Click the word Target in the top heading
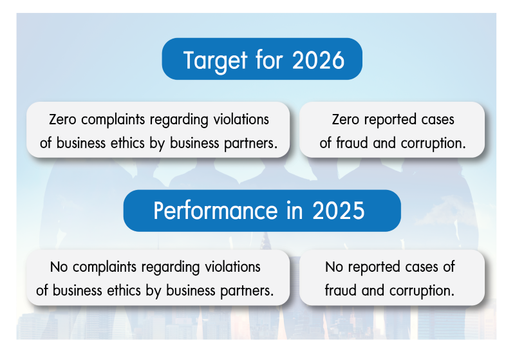215,61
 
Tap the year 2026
318,60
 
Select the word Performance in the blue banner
216,211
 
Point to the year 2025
339,211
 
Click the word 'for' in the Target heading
269,60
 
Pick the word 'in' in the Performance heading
295,211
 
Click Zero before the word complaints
62,120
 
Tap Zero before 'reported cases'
346,120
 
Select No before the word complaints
59,267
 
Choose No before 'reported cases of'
334,267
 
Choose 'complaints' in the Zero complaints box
113,120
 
